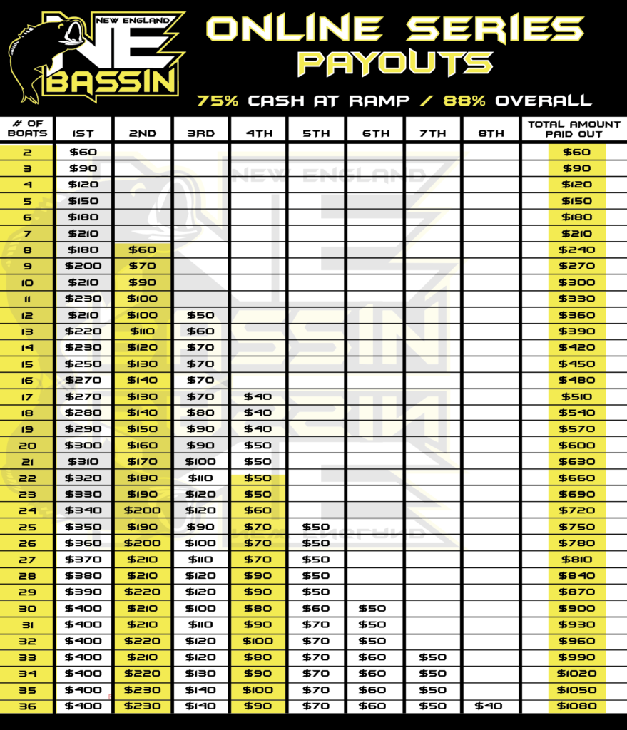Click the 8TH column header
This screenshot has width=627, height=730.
[x=491, y=133]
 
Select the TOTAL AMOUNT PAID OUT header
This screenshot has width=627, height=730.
[x=574, y=128]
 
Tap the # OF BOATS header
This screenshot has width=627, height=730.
[x=27, y=128]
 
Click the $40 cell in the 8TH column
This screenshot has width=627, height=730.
[x=491, y=706]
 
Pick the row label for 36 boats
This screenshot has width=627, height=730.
[x=27, y=706]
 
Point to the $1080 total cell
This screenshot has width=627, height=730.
[x=576, y=706]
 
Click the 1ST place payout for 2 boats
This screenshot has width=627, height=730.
[x=83, y=152]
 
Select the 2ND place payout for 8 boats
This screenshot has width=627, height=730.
[x=141, y=250]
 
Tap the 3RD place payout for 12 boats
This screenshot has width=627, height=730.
[x=200, y=315]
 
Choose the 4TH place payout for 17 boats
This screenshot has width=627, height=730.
[x=258, y=396]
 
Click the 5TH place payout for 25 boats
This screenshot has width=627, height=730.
[x=316, y=527]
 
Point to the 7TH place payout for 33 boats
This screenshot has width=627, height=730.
[x=432, y=657]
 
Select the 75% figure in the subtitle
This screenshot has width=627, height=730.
[x=217, y=101]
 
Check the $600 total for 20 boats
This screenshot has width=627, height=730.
[x=576, y=445]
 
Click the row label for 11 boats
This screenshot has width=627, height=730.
[x=27, y=299]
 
